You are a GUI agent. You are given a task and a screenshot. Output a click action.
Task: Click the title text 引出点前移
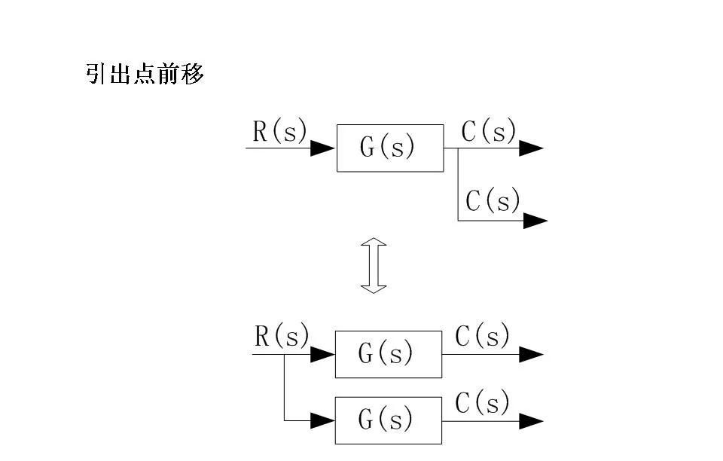point(145,75)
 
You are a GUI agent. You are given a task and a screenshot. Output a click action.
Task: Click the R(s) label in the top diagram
point(280,132)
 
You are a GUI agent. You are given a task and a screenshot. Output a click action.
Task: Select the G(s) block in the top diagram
point(389,148)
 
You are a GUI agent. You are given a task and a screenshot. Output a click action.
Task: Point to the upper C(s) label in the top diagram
point(489,132)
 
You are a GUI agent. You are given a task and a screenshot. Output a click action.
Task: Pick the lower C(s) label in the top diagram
point(493,201)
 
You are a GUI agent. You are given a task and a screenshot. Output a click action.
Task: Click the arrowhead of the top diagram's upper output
point(531,148)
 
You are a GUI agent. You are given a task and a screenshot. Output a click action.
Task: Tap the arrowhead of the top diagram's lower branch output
point(535,221)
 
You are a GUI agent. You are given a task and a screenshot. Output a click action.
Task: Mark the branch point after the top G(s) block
point(458,148)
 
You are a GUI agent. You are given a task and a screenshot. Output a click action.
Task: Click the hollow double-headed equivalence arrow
point(374,266)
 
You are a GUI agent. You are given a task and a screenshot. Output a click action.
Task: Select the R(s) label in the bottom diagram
point(282,336)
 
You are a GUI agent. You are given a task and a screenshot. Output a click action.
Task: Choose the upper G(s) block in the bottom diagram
point(388,353)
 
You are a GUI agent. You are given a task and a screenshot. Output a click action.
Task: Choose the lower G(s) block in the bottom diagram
point(388,420)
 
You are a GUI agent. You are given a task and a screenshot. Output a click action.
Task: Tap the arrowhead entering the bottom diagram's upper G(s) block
point(323,353)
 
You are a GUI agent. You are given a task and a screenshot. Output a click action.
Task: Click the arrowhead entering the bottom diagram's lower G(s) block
point(323,420)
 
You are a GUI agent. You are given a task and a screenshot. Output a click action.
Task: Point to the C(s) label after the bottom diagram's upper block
point(483,337)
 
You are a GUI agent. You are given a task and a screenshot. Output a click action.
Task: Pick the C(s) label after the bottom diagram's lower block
point(483,404)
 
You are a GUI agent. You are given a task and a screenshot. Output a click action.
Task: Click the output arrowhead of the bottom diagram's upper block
point(531,354)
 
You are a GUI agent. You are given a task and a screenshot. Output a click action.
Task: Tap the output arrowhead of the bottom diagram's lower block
point(531,421)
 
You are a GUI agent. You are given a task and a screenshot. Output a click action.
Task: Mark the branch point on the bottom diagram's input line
point(284,353)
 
